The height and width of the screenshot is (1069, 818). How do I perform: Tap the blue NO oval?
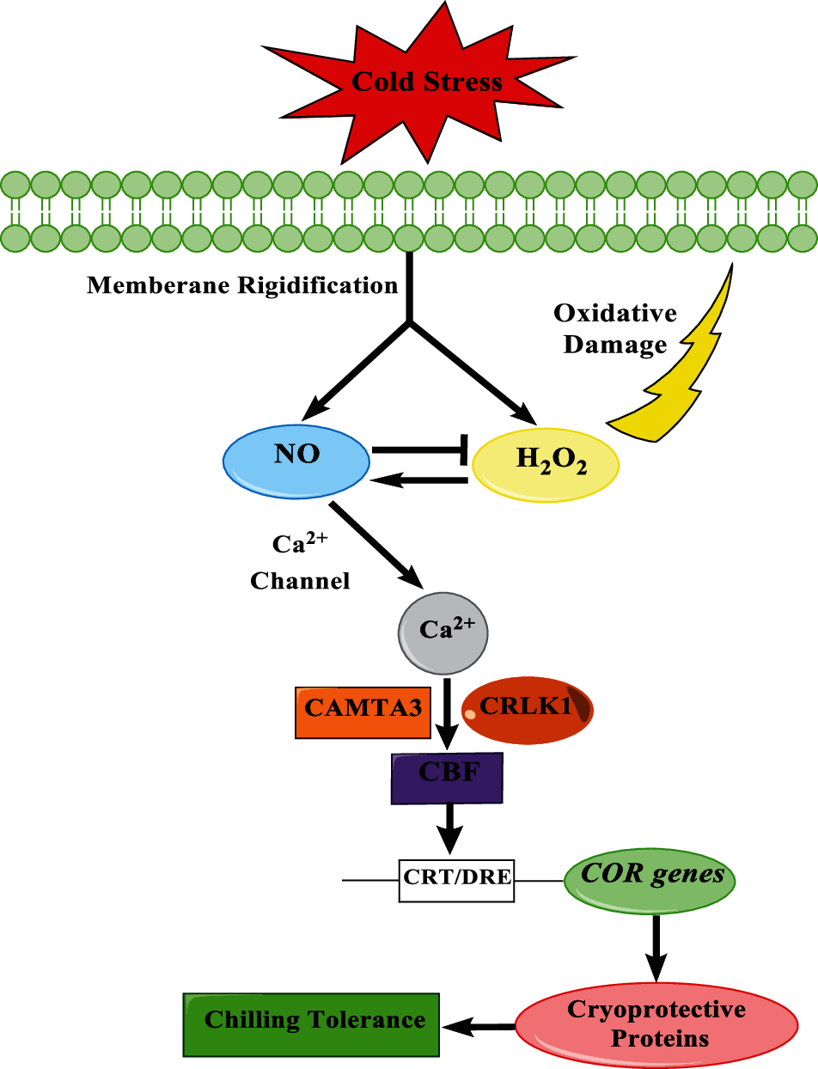(x=296, y=461)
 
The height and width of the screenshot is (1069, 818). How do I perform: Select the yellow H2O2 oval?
(x=546, y=465)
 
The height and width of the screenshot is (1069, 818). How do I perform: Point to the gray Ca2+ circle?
(x=443, y=633)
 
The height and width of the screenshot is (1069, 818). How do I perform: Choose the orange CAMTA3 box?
(x=363, y=712)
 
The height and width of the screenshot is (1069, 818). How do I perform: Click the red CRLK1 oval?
(x=527, y=710)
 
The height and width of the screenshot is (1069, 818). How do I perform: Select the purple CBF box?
(x=447, y=778)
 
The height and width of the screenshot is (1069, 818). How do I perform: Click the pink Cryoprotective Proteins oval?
(x=656, y=1024)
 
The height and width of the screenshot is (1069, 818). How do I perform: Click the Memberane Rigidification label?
(x=242, y=285)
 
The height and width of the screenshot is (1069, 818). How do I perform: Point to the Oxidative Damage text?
(x=615, y=329)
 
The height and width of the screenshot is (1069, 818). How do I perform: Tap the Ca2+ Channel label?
(x=300, y=563)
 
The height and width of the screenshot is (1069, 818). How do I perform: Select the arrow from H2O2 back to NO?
(x=419, y=480)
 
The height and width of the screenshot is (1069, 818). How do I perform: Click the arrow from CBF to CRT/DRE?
(x=450, y=828)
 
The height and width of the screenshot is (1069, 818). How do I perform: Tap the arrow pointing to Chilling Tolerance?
(x=478, y=1028)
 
